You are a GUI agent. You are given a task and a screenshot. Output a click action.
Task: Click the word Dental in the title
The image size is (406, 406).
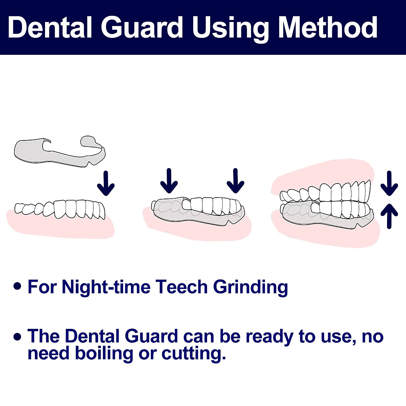coord(50,27)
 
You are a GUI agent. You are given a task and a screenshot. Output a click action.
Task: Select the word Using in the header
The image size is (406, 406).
coord(230,29)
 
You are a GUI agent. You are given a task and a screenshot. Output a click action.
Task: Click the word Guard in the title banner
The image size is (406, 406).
coord(141,27)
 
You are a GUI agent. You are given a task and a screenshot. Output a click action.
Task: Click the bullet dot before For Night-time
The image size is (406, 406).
coord(17,287)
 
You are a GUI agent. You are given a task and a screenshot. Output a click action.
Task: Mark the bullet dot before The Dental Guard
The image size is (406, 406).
coord(17,336)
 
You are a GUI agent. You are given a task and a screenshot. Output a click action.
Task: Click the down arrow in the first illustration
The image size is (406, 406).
coord(106,183)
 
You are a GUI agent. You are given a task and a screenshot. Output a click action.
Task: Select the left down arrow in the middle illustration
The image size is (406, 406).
coord(169,181)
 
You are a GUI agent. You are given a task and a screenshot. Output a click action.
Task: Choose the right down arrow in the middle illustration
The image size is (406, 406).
coord(235,181)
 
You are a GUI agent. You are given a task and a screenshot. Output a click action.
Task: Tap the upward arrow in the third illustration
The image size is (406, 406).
coord(389,216)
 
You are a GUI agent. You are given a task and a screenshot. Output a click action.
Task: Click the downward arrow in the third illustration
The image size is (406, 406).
coord(389,183)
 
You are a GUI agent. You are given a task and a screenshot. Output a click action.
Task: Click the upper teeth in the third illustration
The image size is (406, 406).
coord(325,191)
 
